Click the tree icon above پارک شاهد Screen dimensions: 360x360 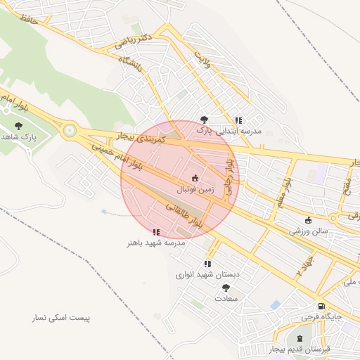point(18,125)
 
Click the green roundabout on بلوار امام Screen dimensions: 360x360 point(70,130)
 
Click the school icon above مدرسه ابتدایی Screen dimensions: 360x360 point(239,120)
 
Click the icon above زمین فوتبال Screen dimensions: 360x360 point(195,178)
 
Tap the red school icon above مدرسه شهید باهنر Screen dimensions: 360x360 point(156,231)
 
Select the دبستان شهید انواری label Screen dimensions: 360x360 point(207,274)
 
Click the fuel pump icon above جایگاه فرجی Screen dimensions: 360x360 point(321,307)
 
